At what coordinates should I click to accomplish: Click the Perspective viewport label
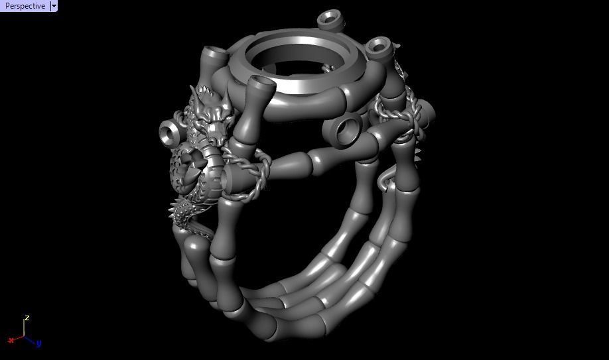click(x=25, y=6)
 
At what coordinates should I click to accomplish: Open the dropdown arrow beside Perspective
click(x=54, y=6)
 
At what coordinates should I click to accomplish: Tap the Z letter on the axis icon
click(x=27, y=318)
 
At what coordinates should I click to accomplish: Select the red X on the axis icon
click(x=11, y=340)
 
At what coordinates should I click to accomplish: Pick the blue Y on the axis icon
click(x=39, y=343)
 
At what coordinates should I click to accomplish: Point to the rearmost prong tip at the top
click(x=330, y=17)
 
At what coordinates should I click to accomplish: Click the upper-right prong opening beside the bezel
click(x=379, y=46)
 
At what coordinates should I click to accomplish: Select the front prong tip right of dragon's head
click(x=262, y=84)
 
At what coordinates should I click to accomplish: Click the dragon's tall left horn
click(x=195, y=93)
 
